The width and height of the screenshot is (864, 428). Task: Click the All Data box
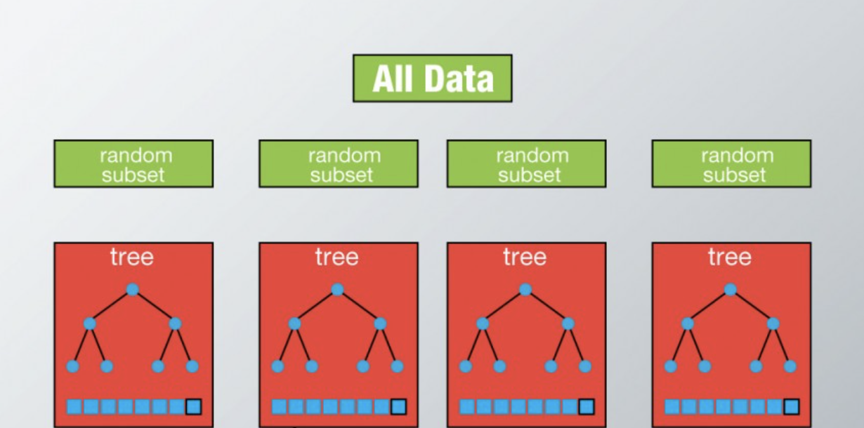coord(432,78)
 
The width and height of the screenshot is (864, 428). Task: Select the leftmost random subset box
coord(133,163)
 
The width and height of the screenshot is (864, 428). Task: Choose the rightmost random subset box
coord(731,163)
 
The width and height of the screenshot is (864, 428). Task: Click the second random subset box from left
coord(339,163)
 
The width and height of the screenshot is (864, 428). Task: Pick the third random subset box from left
coord(526,163)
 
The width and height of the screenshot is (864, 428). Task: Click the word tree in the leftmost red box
coord(132,258)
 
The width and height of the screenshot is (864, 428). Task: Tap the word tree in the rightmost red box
coord(730,258)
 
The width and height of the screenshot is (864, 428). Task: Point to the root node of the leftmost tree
coord(132,289)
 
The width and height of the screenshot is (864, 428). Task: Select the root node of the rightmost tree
coord(731,289)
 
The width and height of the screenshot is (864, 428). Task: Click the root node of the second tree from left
coord(337,289)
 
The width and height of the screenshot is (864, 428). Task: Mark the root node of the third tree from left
coord(525,289)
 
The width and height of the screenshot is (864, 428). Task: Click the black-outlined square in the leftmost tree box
coord(193,406)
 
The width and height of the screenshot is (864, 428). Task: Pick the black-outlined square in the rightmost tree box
coord(792,406)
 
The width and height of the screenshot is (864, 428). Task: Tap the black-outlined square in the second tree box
coord(398,406)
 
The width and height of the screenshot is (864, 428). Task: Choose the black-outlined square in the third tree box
coord(587,406)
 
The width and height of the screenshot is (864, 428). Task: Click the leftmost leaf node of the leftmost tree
coord(72,366)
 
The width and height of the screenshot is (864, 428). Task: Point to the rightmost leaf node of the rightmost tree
coord(790,366)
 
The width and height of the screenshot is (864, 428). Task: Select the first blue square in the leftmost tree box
coord(74,406)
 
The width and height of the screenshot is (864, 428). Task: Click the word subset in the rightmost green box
coord(735,174)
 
